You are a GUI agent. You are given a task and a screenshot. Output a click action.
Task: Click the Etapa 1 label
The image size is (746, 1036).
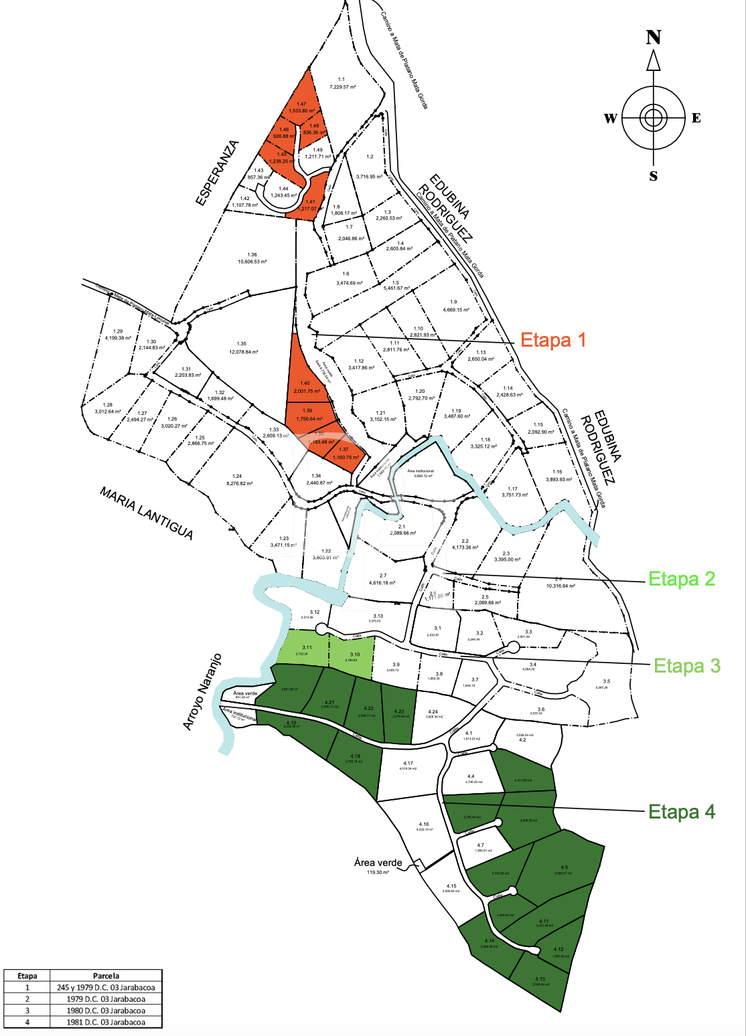pos(553,340)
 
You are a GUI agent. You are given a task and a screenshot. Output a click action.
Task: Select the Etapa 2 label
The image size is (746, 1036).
pos(682,579)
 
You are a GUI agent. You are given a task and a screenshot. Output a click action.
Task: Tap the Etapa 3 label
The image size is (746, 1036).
pos(686,666)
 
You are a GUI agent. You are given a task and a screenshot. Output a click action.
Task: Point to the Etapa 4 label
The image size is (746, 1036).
pos(682,812)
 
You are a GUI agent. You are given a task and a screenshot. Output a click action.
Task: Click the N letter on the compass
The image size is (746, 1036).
pos(654,37)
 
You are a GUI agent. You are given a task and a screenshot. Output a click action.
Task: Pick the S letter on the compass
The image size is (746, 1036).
pos(654,176)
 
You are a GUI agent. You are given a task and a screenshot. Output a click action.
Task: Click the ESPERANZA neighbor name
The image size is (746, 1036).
pos(217,172)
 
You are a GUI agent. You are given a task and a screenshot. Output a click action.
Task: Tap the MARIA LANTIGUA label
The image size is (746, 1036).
pos(147,513)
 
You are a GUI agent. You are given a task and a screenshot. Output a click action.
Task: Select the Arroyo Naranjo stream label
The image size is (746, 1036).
pos(202,692)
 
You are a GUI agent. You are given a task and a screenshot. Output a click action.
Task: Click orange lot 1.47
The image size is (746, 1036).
pos(302,107)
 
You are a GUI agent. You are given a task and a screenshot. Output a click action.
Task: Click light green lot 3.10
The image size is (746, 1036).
pos(353,655)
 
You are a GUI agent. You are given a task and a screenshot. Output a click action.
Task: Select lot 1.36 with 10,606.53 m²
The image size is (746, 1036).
pos(252,258)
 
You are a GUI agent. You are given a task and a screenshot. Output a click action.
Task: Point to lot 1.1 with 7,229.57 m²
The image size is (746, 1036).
pos(342,83)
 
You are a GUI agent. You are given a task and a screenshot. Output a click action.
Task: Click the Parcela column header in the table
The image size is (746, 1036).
pos(106,976)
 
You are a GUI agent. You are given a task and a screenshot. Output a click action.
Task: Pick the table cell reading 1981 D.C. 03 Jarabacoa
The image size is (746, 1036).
pos(106,1022)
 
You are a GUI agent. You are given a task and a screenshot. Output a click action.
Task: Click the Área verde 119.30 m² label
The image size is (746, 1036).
pos(378,866)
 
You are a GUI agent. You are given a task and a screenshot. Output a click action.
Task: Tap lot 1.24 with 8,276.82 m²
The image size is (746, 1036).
pos(239,480)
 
